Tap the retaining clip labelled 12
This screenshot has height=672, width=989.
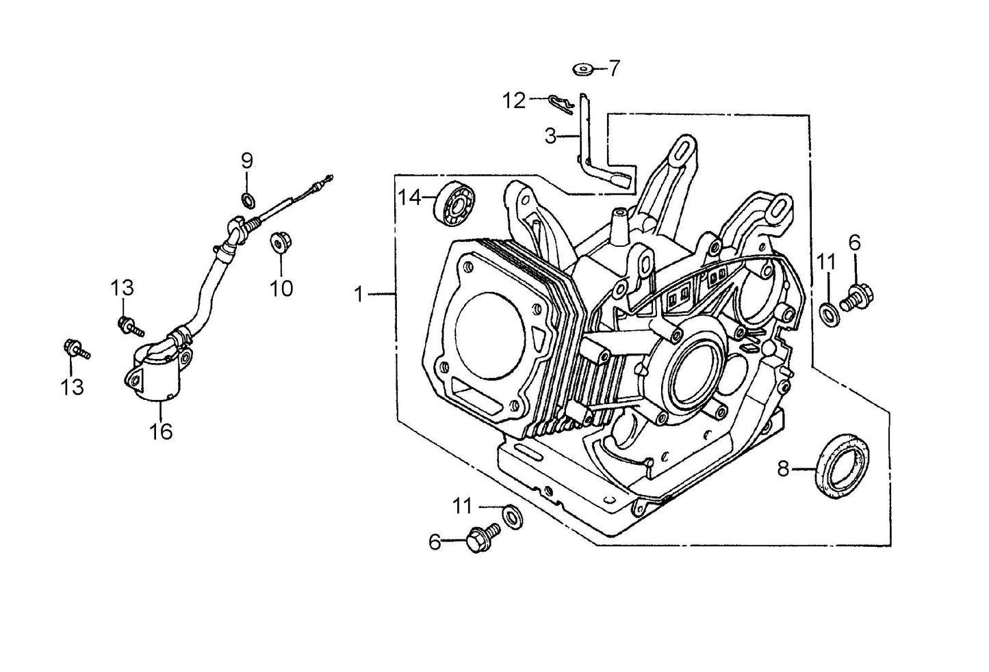tap(561, 103)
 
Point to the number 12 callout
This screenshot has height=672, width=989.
tap(514, 101)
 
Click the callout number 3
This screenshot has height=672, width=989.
tap(550, 136)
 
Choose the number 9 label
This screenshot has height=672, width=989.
tap(246, 161)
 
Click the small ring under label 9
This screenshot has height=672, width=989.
tap(248, 200)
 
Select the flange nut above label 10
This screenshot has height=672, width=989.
tap(279, 241)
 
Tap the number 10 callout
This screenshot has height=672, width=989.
tap(281, 288)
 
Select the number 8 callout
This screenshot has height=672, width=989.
tap(784, 468)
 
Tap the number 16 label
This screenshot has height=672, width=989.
tap(162, 431)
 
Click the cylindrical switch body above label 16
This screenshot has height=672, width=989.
tap(155, 375)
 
